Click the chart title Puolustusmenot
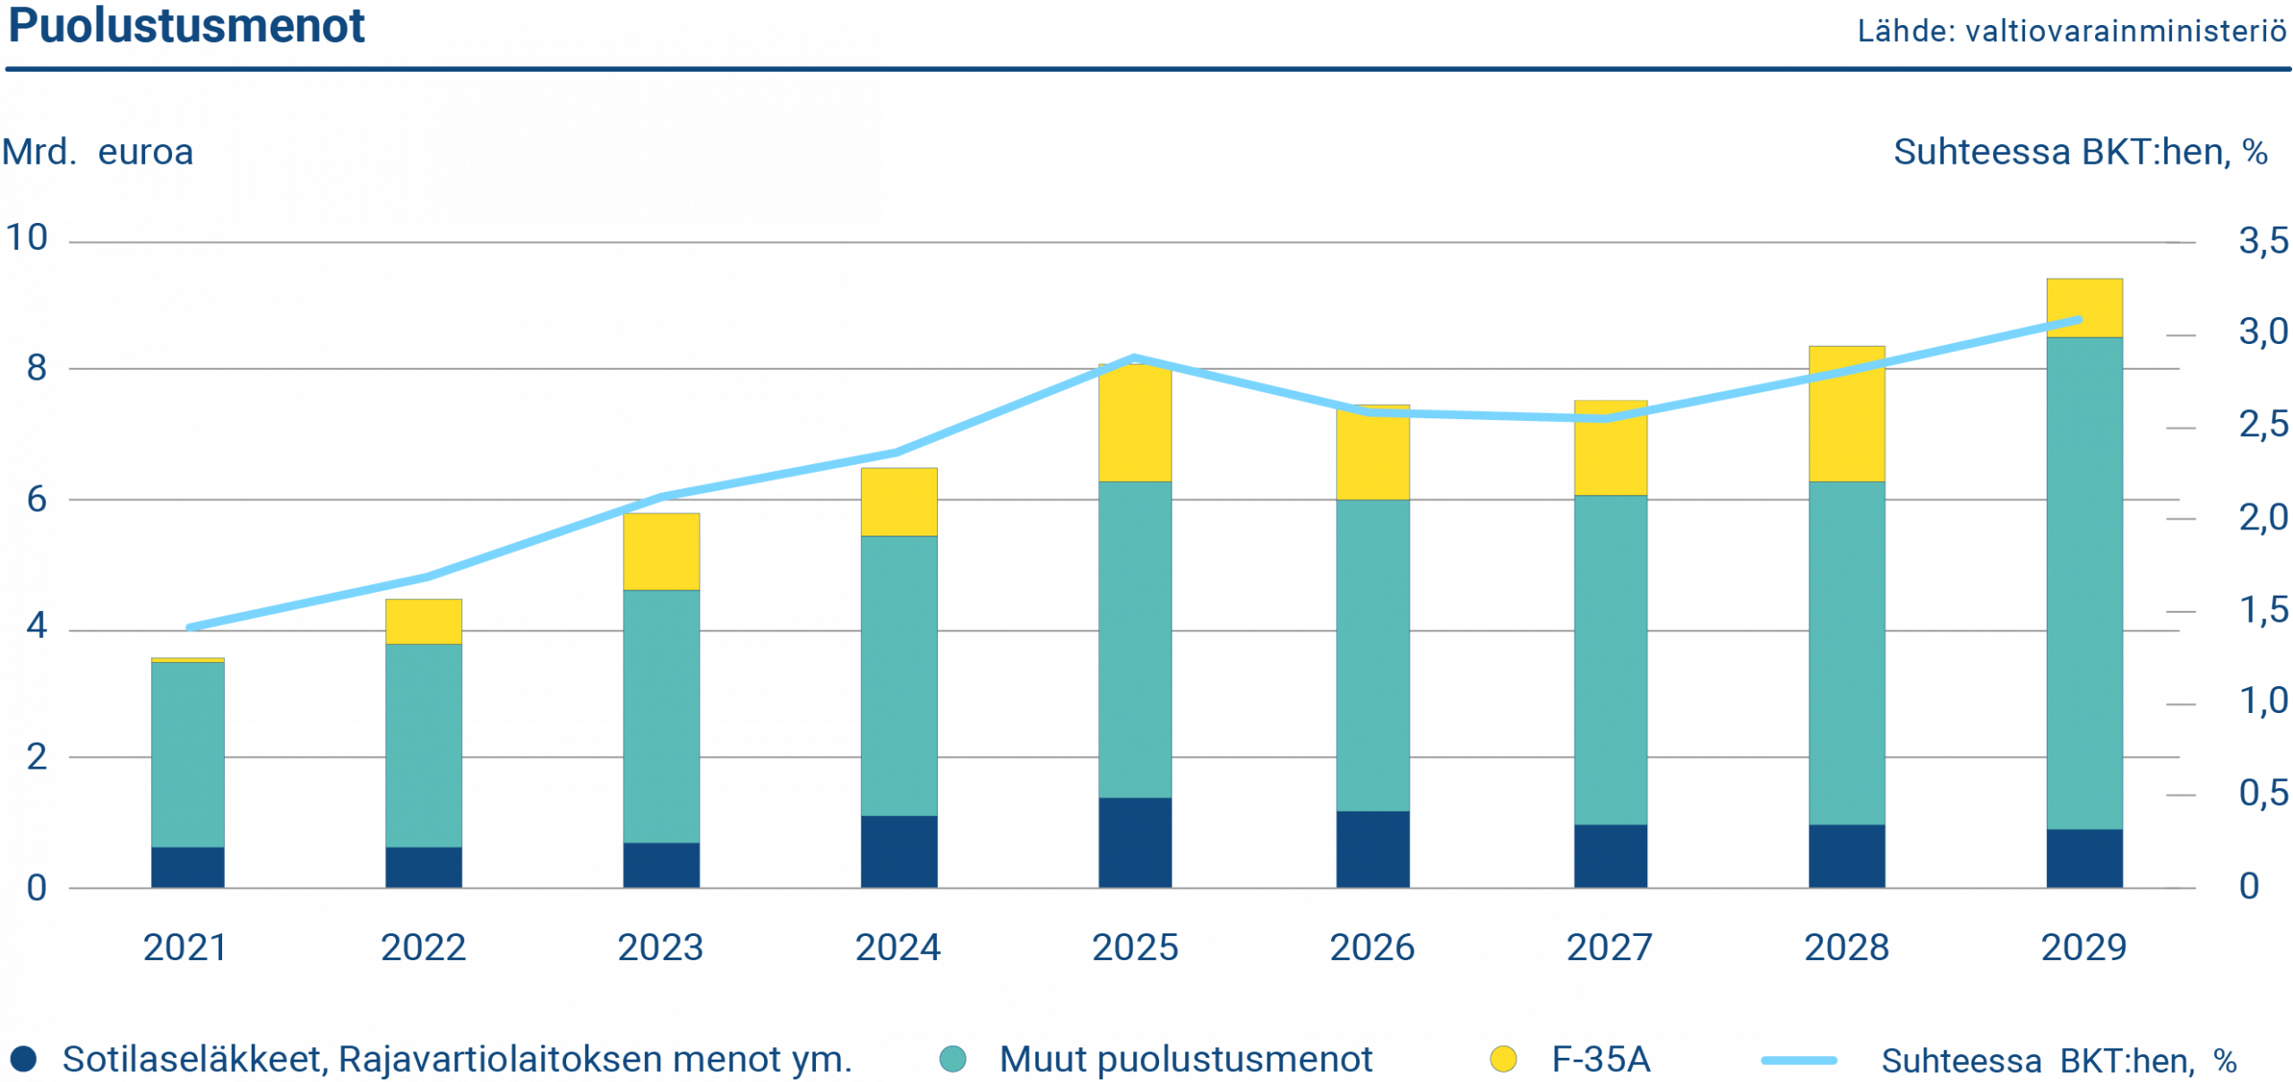coord(186,27)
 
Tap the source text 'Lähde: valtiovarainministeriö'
coord(2072,32)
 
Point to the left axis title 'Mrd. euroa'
coord(98,152)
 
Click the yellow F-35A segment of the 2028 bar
coord(1847,414)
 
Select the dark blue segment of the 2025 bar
coord(1135,842)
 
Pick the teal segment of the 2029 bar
coord(2084,582)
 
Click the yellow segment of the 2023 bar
coord(661,552)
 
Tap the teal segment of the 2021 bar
coord(187,754)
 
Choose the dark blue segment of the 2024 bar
coord(898,851)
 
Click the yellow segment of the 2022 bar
coord(424,622)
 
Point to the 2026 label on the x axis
coord(1372,948)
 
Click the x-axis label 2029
coord(2083,948)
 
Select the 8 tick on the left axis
coord(36,368)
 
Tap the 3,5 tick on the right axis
coord(2263,241)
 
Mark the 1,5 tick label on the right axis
coord(2263,611)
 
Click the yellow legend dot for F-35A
coord(1504,1060)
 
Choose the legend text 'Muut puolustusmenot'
coord(1186,1060)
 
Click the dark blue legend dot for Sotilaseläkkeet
coord(23,1060)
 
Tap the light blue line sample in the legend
coord(1799,1061)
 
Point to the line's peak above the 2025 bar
coord(1135,357)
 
